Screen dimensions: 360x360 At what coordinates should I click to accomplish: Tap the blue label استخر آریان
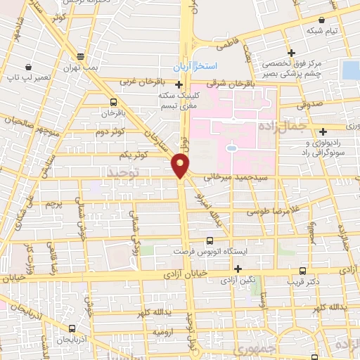(196, 65)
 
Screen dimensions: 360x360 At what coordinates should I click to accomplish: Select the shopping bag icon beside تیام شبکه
(321, 20)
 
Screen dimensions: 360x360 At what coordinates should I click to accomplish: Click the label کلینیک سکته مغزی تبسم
(176, 101)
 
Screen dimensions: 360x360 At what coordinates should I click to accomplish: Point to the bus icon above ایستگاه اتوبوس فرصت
(210, 240)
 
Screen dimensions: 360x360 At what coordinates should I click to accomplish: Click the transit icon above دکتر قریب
(302, 271)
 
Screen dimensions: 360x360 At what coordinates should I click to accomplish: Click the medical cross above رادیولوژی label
(323, 131)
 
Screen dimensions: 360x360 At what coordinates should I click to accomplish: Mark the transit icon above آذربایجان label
(72, 328)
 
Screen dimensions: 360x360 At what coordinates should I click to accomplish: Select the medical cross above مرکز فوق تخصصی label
(290, 53)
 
